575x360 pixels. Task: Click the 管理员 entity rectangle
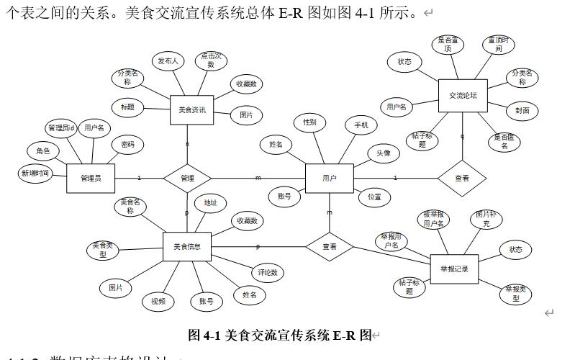tap(91, 179)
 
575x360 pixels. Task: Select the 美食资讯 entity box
tap(192, 110)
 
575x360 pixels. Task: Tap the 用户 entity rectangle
tap(329, 178)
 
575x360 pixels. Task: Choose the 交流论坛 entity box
tap(463, 95)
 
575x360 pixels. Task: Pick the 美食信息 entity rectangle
tap(187, 246)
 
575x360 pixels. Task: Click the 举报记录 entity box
tap(454, 269)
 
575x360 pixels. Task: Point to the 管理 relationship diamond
tap(187, 178)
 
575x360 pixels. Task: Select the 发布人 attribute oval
tap(168, 61)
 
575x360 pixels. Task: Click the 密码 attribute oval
tap(127, 145)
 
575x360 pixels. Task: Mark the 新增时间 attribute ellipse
tap(35, 173)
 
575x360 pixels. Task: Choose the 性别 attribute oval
tap(309, 122)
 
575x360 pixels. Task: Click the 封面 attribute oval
tap(522, 110)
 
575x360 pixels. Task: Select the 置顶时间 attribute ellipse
tap(498, 45)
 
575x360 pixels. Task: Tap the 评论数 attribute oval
tap(268, 273)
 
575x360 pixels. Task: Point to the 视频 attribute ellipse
tap(158, 301)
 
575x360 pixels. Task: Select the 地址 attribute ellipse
tap(210, 203)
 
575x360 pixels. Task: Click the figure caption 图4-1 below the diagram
tap(280, 335)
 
